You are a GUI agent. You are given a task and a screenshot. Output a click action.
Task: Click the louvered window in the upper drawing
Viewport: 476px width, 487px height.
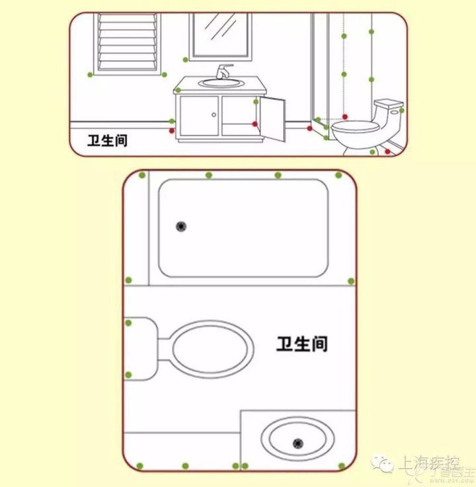(x=128, y=40)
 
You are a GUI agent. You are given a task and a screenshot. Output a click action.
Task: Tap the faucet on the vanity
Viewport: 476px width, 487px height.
(x=224, y=70)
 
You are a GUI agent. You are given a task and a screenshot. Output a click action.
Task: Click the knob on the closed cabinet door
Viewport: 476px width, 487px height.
(x=214, y=115)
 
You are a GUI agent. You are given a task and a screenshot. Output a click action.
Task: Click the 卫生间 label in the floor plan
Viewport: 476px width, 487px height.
(x=302, y=344)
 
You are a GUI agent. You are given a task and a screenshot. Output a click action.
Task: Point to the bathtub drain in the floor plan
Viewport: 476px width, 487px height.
(x=180, y=227)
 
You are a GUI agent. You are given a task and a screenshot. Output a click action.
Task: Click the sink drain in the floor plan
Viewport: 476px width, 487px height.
(x=297, y=442)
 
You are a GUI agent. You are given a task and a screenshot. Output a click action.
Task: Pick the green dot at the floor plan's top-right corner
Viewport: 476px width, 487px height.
(x=338, y=175)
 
